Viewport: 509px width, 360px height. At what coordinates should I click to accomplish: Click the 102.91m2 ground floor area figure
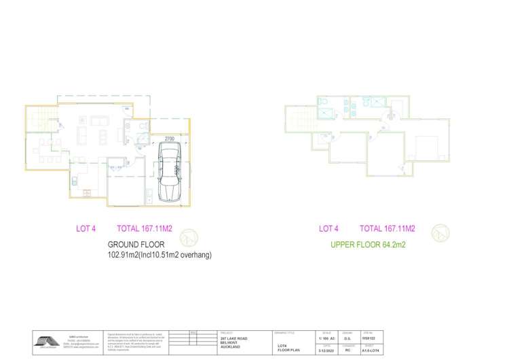(123, 255)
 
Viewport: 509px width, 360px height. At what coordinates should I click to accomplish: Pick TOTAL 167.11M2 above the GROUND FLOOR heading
(145, 229)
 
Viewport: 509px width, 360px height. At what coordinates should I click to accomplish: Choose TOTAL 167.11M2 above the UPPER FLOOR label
(387, 229)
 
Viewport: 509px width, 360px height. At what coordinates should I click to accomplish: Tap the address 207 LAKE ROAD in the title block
(233, 338)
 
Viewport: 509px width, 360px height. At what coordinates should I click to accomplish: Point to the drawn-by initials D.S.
(348, 338)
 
